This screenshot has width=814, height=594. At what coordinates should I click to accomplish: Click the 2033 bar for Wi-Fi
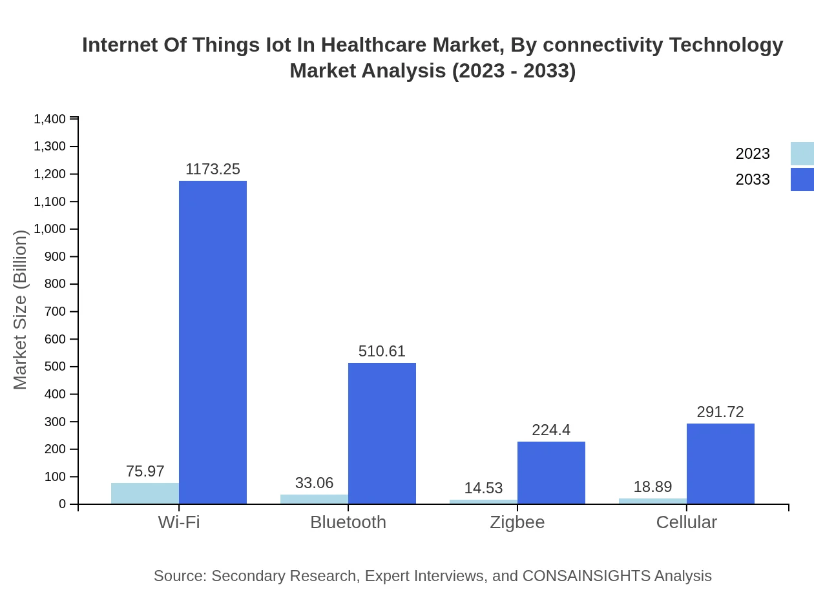[x=213, y=342]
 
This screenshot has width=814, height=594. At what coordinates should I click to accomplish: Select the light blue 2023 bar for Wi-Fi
[x=145, y=493]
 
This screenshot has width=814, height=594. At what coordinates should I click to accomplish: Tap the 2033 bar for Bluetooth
[x=382, y=433]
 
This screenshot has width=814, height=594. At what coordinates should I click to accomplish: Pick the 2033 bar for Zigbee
[x=551, y=473]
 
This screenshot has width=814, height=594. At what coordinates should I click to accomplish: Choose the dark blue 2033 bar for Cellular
[x=720, y=464]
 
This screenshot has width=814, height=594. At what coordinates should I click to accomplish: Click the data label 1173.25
[x=213, y=169]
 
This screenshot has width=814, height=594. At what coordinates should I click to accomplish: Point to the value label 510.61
[x=382, y=351]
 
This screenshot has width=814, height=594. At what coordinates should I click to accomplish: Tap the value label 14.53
[x=483, y=488]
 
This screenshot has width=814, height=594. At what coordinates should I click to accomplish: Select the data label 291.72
[x=720, y=412]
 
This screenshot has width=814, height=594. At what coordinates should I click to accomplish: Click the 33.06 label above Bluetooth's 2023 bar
[x=314, y=483]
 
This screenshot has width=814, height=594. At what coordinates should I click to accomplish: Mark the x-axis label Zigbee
[x=517, y=522]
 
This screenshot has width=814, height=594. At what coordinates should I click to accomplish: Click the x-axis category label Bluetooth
[x=348, y=522]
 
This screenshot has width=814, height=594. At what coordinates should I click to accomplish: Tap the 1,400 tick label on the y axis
[x=50, y=119]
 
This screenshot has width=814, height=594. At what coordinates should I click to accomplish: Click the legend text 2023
[x=753, y=154]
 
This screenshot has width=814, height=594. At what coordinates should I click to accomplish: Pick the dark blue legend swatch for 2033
[x=802, y=179]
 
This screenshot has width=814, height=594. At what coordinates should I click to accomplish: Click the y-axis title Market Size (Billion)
[x=21, y=310]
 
